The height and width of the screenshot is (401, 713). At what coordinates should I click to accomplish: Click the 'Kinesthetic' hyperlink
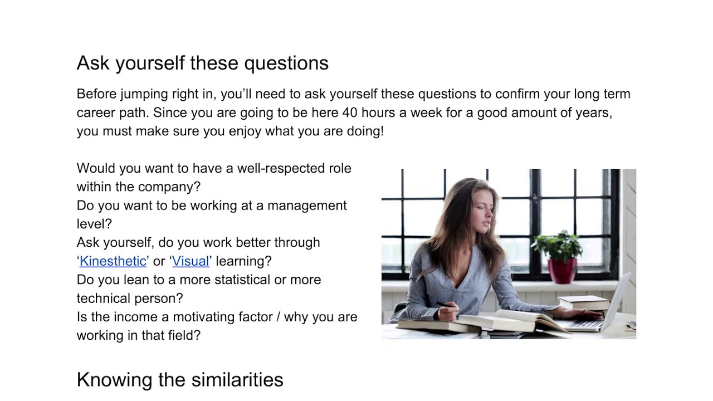click(113, 261)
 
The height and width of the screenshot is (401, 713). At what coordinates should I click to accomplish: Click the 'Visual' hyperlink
click(191, 261)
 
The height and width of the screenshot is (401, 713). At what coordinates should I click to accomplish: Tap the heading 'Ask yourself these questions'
click(202, 63)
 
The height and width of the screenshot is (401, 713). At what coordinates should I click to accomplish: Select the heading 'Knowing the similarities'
click(179, 380)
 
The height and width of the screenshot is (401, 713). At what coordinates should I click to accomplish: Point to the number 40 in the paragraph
click(350, 113)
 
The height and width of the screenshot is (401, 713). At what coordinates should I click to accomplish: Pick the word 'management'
click(307, 206)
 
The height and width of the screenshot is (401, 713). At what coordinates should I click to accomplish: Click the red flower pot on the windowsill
click(561, 271)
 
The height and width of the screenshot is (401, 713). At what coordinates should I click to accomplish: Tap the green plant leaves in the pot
click(559, 246)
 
